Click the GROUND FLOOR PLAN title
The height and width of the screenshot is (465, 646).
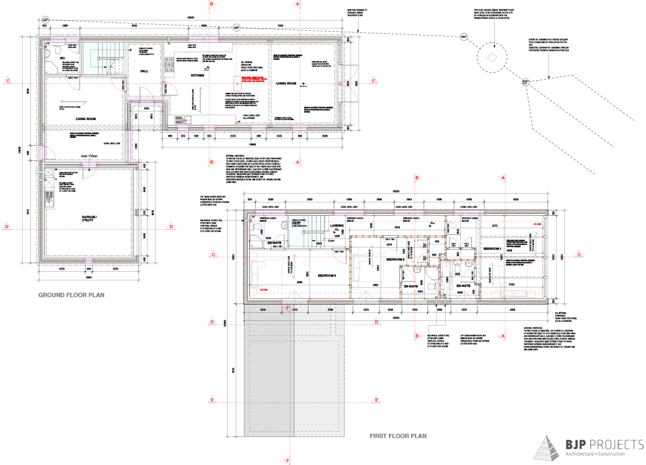coord(71,295)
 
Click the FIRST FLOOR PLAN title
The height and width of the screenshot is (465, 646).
coord(397,436)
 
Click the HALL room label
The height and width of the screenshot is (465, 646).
coord(144,71)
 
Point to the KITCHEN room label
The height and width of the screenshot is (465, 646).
coord(198,76)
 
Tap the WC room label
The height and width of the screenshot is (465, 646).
coord(63,57)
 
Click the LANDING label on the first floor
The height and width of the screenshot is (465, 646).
coord(336,226)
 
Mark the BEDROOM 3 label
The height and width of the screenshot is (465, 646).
coord(327,276)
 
